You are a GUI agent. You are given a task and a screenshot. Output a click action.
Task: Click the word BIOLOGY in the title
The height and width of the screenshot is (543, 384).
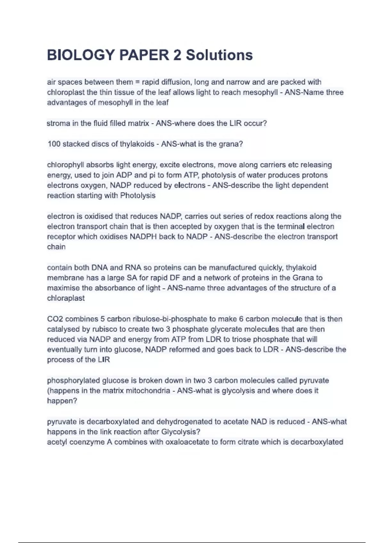pos(81,55)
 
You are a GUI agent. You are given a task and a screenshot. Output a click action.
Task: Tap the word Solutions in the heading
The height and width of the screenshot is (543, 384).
pos(219,55)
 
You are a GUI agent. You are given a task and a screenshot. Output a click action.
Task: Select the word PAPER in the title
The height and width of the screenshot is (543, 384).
pos(144,55)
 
